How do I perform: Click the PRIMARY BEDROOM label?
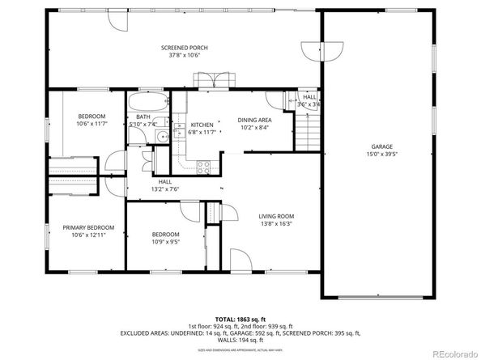[x=88, y=227]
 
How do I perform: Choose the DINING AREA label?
[x=253, y=120]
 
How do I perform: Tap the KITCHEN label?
[x=202, y=125]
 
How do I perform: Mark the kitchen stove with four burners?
[x=204, y=167]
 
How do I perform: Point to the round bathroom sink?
[x=161, y=136]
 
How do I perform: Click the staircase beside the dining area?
[x=305, y=129]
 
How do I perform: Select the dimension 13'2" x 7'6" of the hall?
[x=165, y=188]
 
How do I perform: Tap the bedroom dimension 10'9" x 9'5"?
[x=165, y=240]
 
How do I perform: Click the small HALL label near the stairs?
[x=309, y=97]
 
